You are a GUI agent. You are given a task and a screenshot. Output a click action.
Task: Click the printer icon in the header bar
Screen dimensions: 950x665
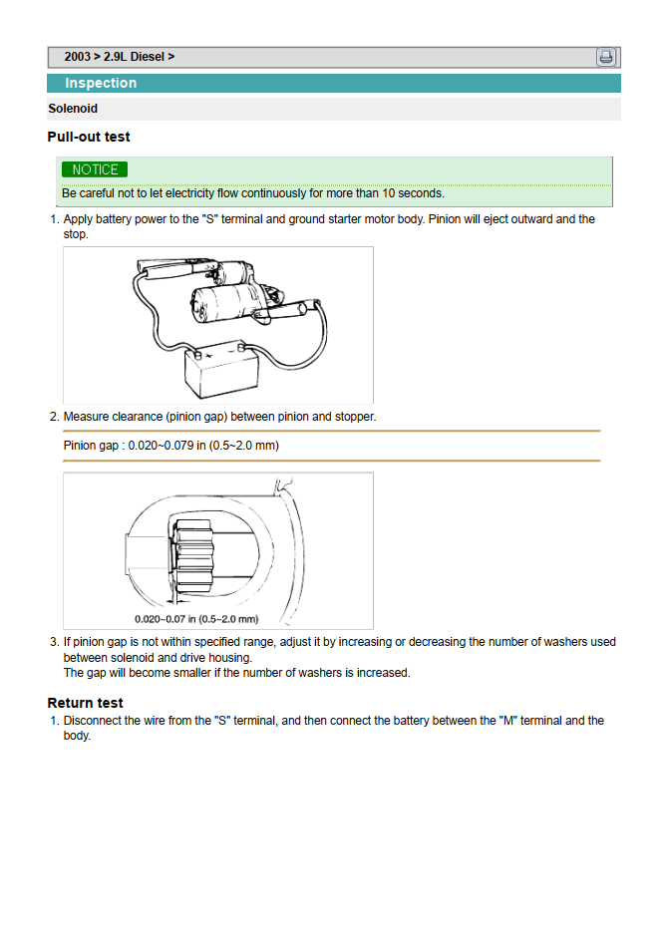pyautogui.click(x=606, y=57)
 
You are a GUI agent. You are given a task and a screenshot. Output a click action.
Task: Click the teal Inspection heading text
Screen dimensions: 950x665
pyautogui.click(x=101, y=84)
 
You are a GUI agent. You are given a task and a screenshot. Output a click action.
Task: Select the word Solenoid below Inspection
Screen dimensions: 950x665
pyautogui.click(x=73, y=109)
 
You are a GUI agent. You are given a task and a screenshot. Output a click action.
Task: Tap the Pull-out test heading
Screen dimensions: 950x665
pyautogui.click(x=89, y=137)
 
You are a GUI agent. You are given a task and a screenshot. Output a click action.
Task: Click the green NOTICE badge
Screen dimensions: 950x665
pyautogui.click(x=95, y=170)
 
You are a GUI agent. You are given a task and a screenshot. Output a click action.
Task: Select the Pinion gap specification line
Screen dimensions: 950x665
pyautogui.click(x=171, y=446)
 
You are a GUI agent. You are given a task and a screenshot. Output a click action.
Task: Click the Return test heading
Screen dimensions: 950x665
pyautogui.click(x=86, y=703)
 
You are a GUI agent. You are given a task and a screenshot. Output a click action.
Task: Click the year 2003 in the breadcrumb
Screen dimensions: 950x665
pyautogui.click(x=78, y=57)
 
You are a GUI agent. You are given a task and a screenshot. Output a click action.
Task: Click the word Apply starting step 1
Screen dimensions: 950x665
pyautogui.click(x=79, y=219)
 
